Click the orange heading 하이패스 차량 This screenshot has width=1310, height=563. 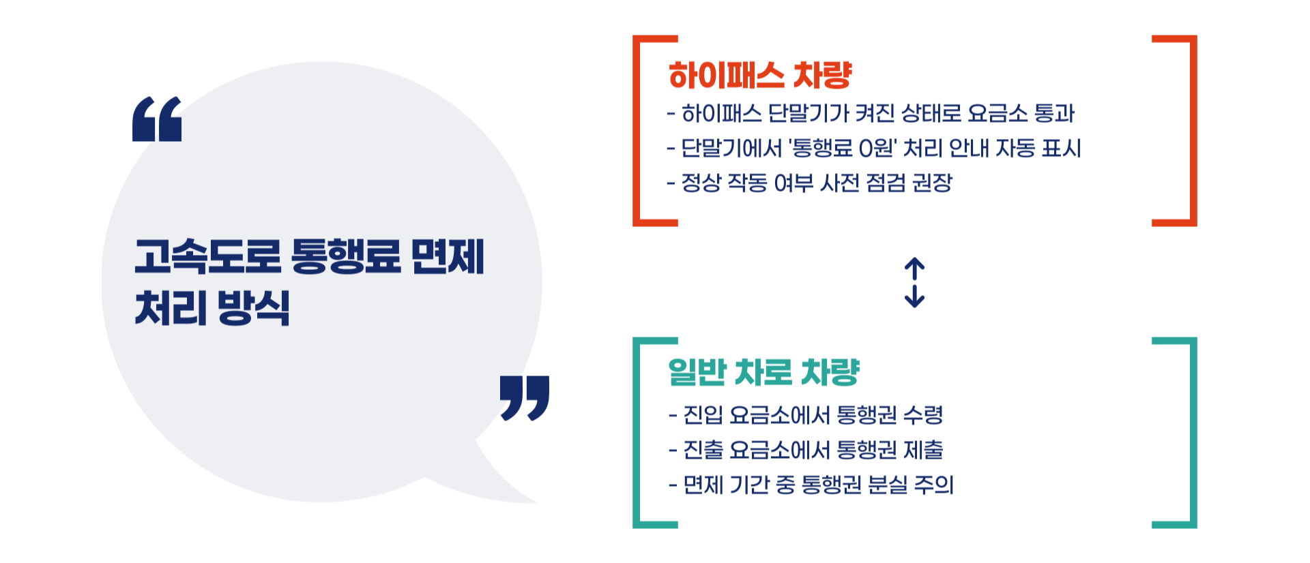coord(760,75)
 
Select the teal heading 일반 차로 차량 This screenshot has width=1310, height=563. coord(763,372)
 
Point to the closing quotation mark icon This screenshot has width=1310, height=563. coord(524,397)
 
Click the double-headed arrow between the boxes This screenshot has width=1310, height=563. coord(914,282)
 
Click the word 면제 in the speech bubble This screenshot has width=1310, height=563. coord(448,256)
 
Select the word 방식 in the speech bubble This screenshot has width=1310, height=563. coord(254,307)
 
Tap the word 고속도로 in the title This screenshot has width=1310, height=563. coord(207,256)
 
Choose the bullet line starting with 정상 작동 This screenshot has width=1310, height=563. coord(809,183)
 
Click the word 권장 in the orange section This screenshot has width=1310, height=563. coord(932,183)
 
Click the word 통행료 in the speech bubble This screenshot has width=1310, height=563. coord(345,256)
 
